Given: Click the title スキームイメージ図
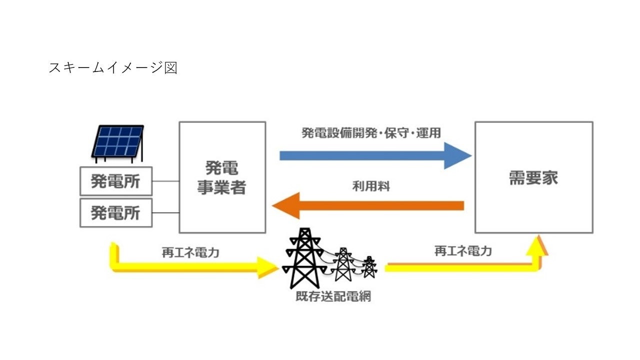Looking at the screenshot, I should click(x=113, y=67).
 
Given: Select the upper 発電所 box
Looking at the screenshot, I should click(x=116, y=181).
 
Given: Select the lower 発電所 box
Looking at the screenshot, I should click(x=116, y=212).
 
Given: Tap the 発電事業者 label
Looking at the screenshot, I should click(x=221, y=177).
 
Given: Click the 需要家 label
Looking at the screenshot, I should click(x=533, y=178).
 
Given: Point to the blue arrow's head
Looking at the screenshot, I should click(x=459, y=155).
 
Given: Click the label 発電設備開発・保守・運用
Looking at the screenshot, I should click(x=371, y=133).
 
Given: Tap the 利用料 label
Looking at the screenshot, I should click(x=371, y=187).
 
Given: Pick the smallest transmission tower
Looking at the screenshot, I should click(x=369, y=267).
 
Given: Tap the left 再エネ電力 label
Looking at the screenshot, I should click(x=190, y=252).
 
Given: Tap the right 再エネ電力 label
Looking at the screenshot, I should click(x=463, y=251).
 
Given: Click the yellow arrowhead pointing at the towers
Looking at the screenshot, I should click(x=268, y=268).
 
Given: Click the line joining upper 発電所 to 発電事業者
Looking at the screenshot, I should click(x=166, y=181).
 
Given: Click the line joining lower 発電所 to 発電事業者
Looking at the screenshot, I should click(x=166, y=212).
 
